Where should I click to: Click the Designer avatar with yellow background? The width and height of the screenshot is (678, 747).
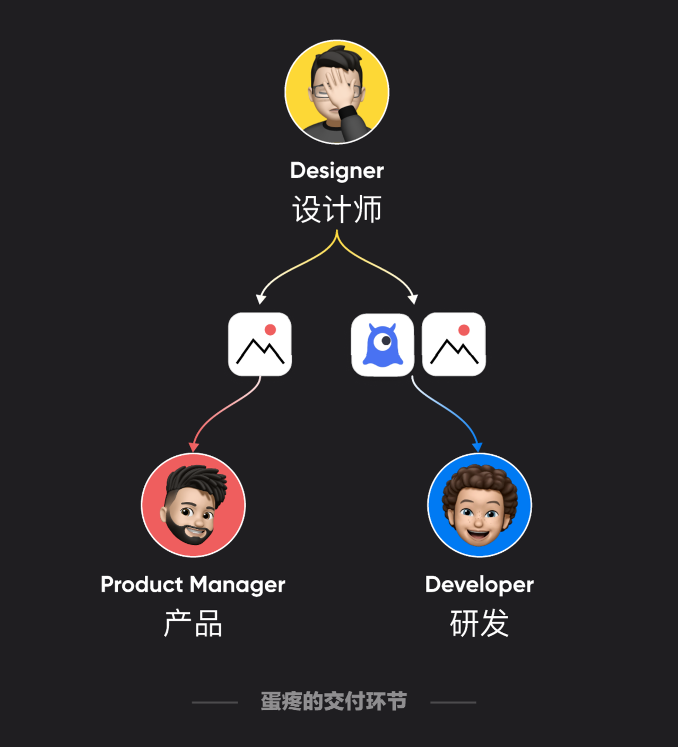coord(337,92)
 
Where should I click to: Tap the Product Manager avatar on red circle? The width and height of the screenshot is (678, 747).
coord(193,505)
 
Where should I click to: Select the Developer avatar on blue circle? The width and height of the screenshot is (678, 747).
coord(480,505)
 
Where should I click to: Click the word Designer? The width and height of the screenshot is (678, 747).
coord(337,171)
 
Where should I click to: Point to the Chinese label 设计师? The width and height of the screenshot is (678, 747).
coord(337,209)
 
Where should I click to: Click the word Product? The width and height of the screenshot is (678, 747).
coord(142,585)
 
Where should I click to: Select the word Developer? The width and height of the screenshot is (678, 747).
coord(480,585)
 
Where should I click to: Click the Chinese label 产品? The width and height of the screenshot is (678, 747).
coord(193,623)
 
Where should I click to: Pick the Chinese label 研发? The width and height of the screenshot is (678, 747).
coord(480,623)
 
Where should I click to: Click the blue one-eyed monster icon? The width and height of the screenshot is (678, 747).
coord(383,344)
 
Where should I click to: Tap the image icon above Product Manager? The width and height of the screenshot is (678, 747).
coord(260,344)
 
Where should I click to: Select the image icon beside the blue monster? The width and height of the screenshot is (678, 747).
coord(454,344)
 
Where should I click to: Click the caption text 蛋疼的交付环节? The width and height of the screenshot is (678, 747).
coord(334,701)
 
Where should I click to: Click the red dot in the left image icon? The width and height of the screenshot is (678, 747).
coord(270,330)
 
